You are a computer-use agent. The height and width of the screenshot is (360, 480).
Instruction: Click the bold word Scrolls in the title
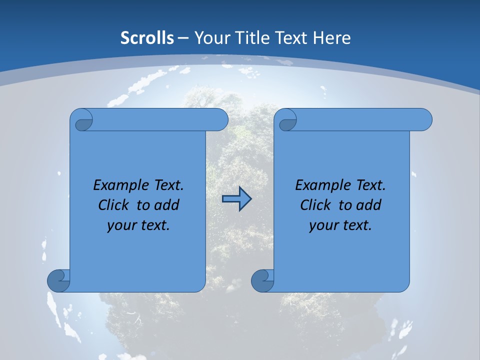pos(147,38)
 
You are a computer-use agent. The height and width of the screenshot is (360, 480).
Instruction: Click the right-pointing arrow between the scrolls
pos(236,199)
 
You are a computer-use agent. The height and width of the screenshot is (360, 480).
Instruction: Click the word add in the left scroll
pos(167,205)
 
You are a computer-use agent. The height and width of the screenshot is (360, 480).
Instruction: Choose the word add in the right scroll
pos(369,205)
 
